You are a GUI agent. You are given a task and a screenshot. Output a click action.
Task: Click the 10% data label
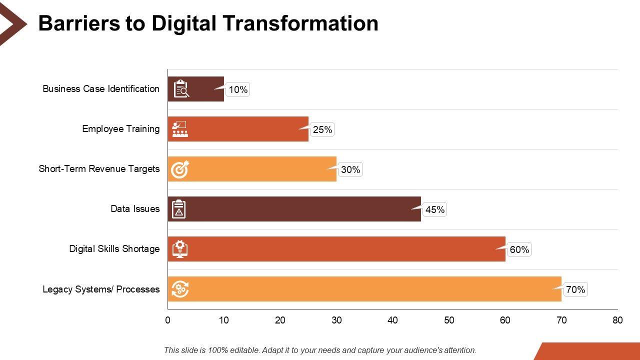(x=238, y=89)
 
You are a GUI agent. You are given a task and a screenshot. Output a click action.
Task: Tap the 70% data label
(x=575, y=289)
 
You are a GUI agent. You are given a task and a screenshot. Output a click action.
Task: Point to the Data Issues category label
(x=135, y=209)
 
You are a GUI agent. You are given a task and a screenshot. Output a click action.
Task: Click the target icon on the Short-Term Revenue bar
(x=180, y=169)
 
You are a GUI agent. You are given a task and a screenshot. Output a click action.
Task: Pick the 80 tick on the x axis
(x=617, y=320)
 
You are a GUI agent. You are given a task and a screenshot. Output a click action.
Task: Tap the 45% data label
(x=434, y=209)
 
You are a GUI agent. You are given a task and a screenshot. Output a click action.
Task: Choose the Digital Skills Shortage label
(x=114, y=249)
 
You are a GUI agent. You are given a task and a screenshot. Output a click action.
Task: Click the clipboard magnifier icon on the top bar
(x=180, y=89)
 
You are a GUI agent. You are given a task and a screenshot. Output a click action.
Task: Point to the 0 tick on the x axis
(x=168, y=320)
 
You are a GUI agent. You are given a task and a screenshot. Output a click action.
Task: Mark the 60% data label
(x=519, y=249)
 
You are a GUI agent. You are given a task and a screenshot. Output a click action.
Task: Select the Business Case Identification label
(x=101, y=89)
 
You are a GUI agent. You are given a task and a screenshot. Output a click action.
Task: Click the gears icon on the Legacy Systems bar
(x=180, y=289)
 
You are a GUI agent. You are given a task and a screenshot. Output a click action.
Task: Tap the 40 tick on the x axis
(x=392, y=320)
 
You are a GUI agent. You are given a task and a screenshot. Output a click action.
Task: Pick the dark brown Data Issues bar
(x=300, y=209)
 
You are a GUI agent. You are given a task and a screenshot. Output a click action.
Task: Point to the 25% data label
(x=322, y=129)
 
